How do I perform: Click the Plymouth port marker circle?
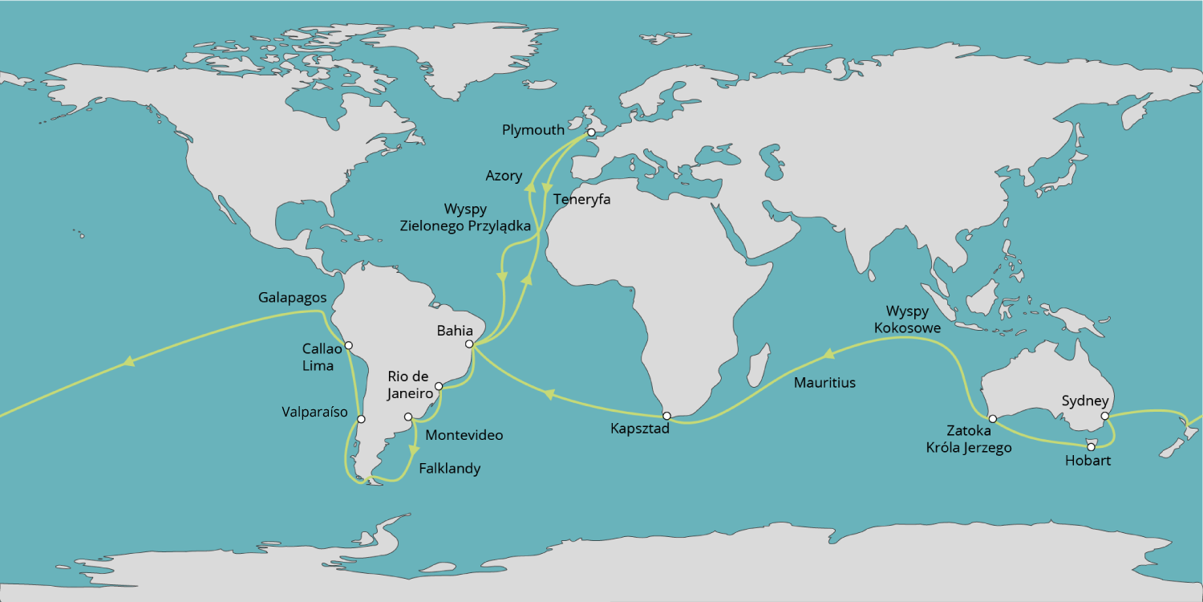pos(591,132)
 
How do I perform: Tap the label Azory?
pos(504,176)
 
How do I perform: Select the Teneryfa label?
pos(581,199)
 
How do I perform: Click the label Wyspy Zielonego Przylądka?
pos(465,218)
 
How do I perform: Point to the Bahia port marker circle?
pos(469,344)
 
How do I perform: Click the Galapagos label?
pos(292,297)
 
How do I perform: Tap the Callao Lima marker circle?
pos(348,346)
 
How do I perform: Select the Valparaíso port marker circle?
pos(361,419)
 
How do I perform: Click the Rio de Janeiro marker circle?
pos(439,386)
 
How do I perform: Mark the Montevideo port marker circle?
pos(408,417)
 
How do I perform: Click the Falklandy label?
pos(450,469)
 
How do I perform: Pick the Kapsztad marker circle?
pos(666,416)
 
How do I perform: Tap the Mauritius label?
pos(824,383)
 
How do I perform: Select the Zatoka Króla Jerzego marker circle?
pos(992,419)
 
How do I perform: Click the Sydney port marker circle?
pos(1104,416)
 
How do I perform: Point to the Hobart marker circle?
pos(1090,446)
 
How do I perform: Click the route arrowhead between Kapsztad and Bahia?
pos(549,393)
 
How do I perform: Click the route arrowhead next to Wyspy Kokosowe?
pos(828,353)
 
